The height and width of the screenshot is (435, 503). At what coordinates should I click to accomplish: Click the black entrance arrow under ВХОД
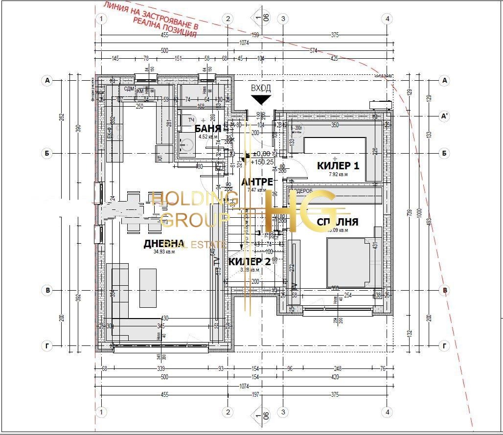click(x=261, y=100)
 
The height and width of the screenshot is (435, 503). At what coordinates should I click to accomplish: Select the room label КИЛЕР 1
click(x=338, y=166)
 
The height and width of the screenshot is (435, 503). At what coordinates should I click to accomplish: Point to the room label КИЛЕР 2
click(x=250, y=261)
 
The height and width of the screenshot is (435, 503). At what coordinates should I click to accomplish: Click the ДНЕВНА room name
click(x=163, y=244)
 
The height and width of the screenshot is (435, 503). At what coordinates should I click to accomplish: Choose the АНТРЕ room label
click(x=257, y=182)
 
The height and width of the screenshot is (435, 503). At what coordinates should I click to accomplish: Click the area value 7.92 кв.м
click(x=338, y=174)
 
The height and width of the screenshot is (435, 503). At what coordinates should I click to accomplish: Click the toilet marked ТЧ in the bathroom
click(x=188, y=120)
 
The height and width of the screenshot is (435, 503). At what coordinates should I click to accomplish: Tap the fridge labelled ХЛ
click(x=163, y=151)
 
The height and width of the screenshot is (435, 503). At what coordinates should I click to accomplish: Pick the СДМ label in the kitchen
click(x=129, y=89)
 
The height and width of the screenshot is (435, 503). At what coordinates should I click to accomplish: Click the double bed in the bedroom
click(x=348, y=262)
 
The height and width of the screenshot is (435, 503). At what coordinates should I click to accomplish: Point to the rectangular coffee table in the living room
click(x=148, y=288)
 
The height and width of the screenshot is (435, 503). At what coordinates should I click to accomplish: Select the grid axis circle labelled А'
click(x=445, y=116)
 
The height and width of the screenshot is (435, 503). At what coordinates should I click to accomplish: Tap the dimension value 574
click(x=314, y=50)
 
